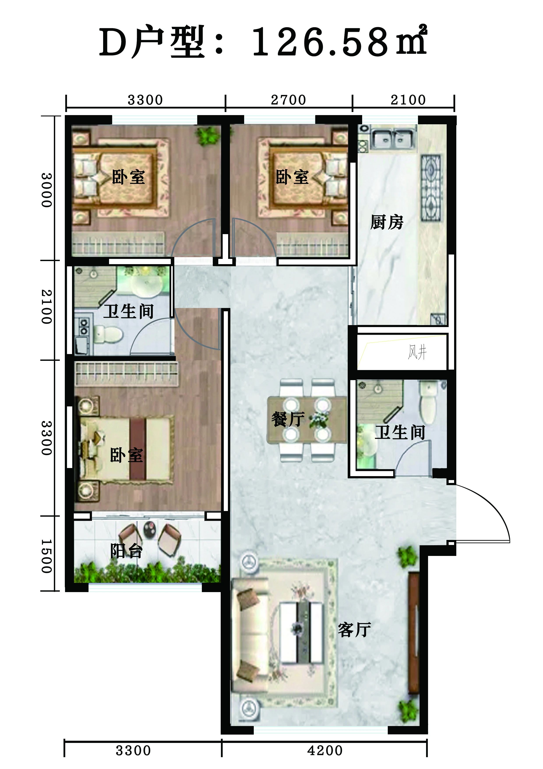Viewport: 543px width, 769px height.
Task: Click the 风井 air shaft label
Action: (417, 352)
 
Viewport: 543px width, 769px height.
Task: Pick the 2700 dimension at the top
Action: (288, 100)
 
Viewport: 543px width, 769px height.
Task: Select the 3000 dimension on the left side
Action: (47, 190)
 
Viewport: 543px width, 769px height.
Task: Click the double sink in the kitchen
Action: (393, 138)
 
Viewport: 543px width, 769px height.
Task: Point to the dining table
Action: (307, 419)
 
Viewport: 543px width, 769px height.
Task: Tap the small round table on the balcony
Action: (150, 529)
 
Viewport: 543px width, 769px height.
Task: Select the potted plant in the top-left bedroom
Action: (207, 136)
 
